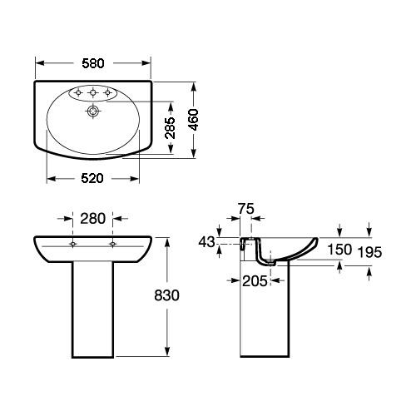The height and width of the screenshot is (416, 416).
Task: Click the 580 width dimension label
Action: [93, 63]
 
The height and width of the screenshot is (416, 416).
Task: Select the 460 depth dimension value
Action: [193, 120]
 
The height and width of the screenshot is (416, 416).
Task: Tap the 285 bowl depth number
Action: [170, 128]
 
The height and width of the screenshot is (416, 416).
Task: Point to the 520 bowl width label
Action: [92, 178]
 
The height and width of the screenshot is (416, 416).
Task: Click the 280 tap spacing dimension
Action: [93, 219]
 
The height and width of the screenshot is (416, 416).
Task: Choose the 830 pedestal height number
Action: [166, 295]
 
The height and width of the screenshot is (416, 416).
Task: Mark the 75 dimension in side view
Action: [246, 209]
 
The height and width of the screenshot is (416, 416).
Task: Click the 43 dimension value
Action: [206, 242]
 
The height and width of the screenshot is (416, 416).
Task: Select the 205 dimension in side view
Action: [255, 281]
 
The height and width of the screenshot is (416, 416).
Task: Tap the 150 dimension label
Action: [339, 250]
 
